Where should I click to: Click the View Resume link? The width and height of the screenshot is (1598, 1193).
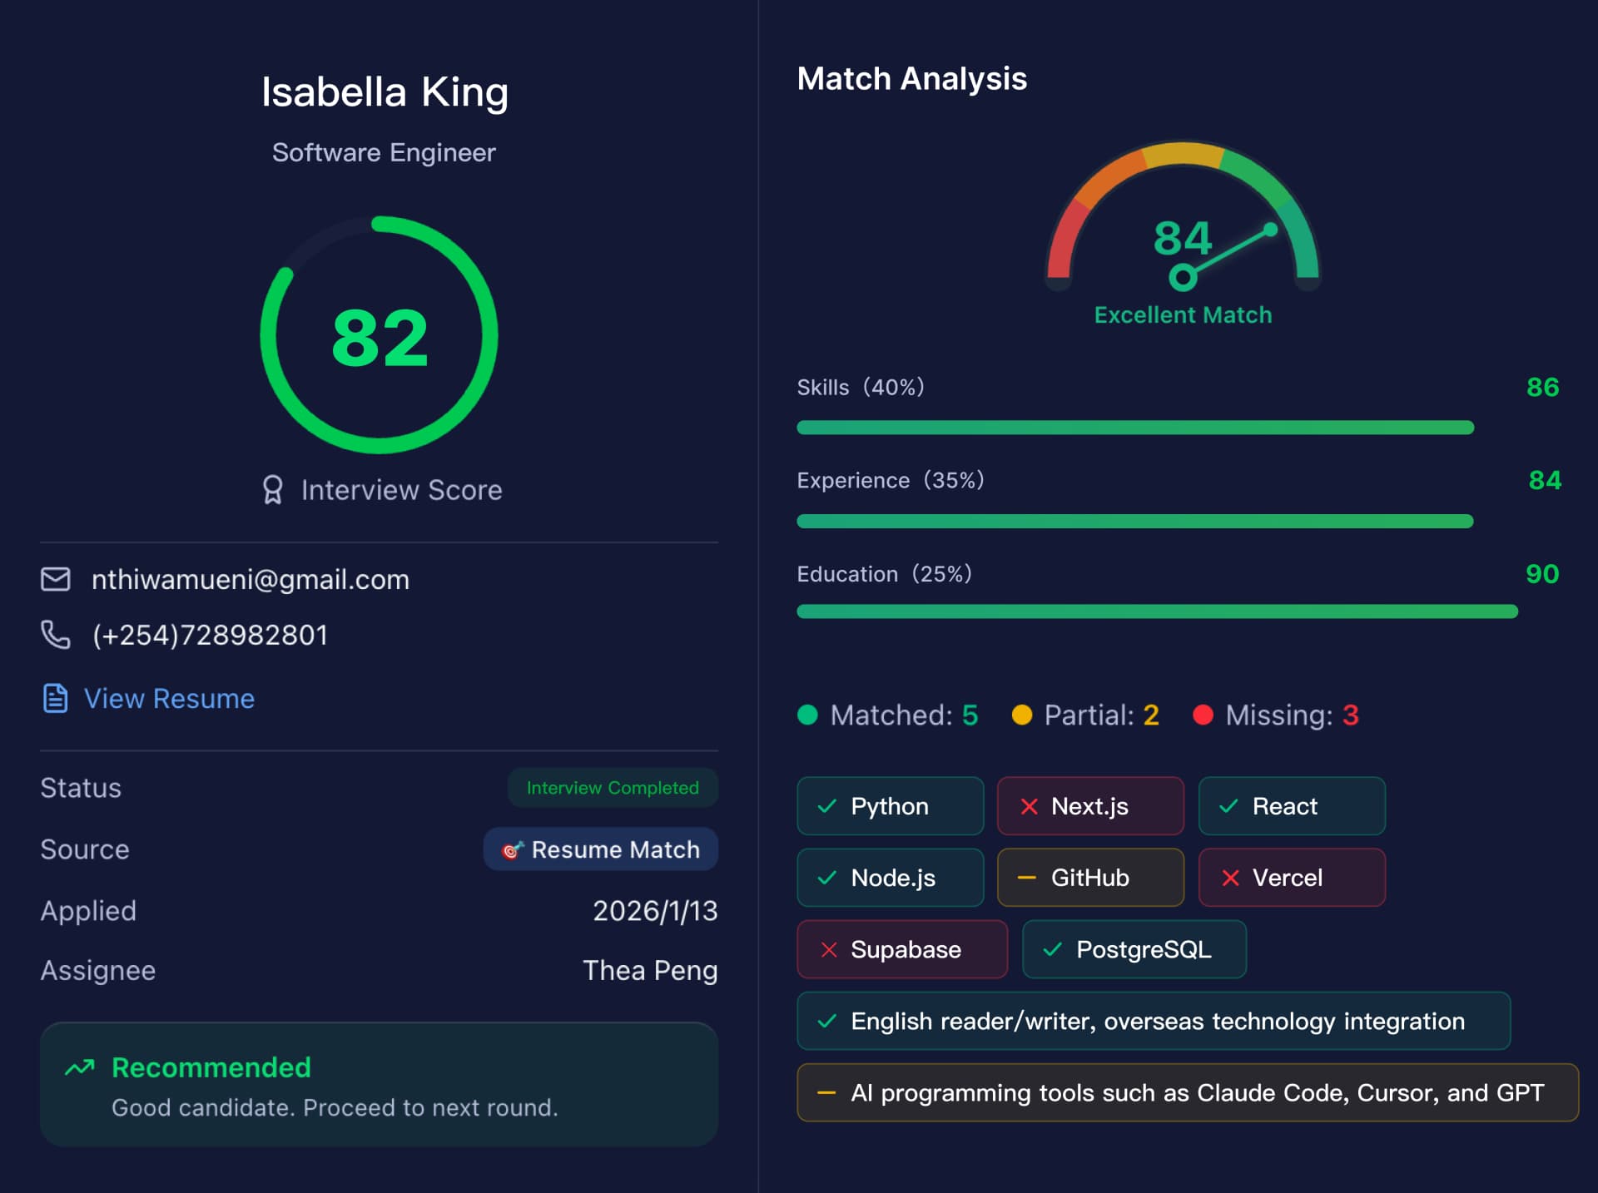pyautogui.click(x=168, y=699)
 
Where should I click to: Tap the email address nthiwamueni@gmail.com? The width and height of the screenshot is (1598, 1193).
pyautogui.click(x=250, y=580)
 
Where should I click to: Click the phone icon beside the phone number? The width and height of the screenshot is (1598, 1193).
pyautogui.click(x=56, y=635)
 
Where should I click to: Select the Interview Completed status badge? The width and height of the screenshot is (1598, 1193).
pyautogui.click(x=613, y=788)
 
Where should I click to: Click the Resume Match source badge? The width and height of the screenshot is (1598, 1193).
pyautogui.click(x=601, y=849)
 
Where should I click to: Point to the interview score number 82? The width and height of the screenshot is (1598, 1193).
pyautogui.click(x=380, y=338)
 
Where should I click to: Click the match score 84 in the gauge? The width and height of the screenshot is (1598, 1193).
pyautogui.click(x=1182, y=238)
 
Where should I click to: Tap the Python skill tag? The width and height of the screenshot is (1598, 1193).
pyautogui.click(x=890, y=806)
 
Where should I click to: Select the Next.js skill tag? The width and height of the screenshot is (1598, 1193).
pyautogui.click(x=1089, y=806)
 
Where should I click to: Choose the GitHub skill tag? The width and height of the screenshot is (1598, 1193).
pyautogui.click(x=1089, y=878)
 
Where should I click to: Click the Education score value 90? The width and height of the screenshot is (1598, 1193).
pyautogui.click(x=1541, y=574)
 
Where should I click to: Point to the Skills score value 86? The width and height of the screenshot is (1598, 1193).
pyautogui.click(x=1542, y=388)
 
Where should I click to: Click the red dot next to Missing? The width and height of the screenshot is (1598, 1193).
pyautogui.click(x=1203, y=715)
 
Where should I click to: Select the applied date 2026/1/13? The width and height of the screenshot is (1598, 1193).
pyautogui.click(x=655, y=911)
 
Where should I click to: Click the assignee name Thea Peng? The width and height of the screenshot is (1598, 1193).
pyautogui.click(x=650, y=971)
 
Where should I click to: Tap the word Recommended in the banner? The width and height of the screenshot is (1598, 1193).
pyautogui.click(x=211, y=1067)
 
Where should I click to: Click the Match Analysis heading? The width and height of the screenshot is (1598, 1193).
pyautogui.click(x=911, y=79)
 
